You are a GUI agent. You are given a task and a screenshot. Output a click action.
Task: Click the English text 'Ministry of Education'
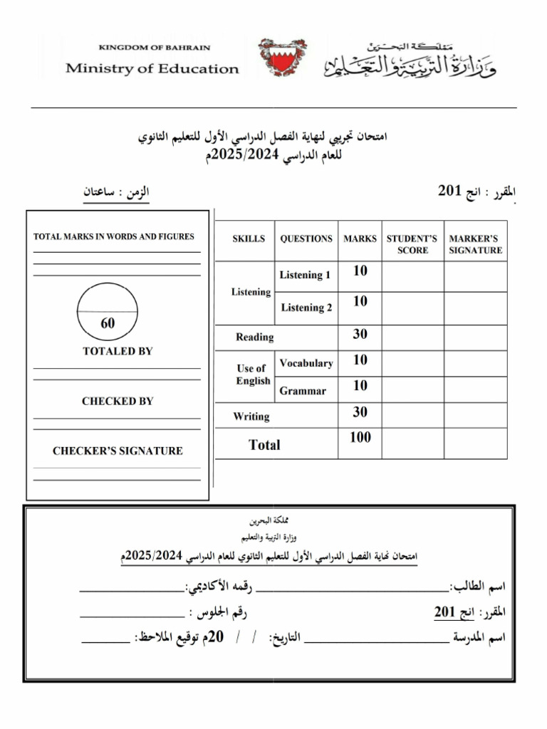(x=152, y=69)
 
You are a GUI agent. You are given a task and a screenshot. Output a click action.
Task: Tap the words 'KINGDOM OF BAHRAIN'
(x=154, y=48)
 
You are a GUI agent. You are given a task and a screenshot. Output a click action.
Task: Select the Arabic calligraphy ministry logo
(x=411, y=61)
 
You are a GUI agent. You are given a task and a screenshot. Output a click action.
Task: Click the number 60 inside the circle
(x=108, y=323)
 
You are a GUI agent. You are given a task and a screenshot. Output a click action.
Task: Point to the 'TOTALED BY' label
(x=118, y=351)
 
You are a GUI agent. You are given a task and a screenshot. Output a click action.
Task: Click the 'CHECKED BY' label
(x=118, y=401)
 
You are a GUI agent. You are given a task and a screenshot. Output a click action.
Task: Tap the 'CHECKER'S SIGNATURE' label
(x=118, y=451)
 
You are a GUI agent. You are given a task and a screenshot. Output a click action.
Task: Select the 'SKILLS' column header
(x=248, y=239)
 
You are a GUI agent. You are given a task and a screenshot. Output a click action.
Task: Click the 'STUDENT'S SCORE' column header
(x=412, y=244)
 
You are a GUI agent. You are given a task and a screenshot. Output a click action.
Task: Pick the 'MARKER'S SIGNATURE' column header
(x=475, y=244)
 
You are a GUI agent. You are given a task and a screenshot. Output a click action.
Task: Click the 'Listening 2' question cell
(x=306, y=308)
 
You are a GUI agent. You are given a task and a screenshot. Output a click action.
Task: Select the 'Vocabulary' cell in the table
(x=306, y=363)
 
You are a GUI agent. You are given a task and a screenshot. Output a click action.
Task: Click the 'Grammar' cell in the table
(x=303, y=391)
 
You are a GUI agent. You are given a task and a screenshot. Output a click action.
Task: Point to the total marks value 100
(x=360, y=438)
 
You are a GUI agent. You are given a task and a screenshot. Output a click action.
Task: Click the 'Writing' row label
(x=251, y=416)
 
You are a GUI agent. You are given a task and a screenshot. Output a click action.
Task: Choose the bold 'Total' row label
(x=264, y=445)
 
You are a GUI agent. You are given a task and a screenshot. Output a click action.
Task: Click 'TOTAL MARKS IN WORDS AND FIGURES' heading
(x=114, y=236)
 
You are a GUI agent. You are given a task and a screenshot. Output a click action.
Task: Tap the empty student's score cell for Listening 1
(x=412, y=276)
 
